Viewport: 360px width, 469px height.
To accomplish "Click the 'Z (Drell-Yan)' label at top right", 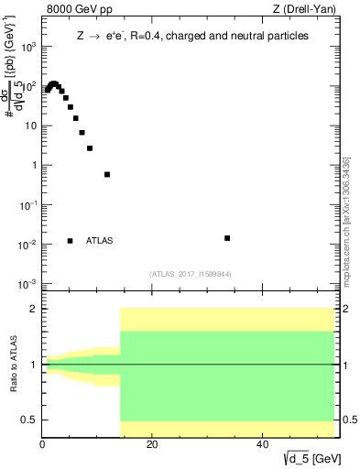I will click(305, 11).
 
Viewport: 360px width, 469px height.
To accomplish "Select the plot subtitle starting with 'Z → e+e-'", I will click(191, 36).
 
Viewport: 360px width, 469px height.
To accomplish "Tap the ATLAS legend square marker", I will click(71, 241).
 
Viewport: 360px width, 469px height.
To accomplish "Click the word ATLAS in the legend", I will click(100, 241).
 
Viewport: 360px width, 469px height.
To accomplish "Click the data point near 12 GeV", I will click(107, 174).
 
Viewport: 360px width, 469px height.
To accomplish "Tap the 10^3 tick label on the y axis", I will click(29, 48).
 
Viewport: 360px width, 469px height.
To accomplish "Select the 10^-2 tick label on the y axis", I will click(29, 245).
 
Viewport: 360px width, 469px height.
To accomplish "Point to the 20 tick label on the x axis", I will click(152, 446).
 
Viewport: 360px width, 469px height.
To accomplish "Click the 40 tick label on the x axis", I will click(262, 446).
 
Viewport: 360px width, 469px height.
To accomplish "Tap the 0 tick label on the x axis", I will click(43, 446).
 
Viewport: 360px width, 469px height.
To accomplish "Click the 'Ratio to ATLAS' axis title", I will click(13, 364).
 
